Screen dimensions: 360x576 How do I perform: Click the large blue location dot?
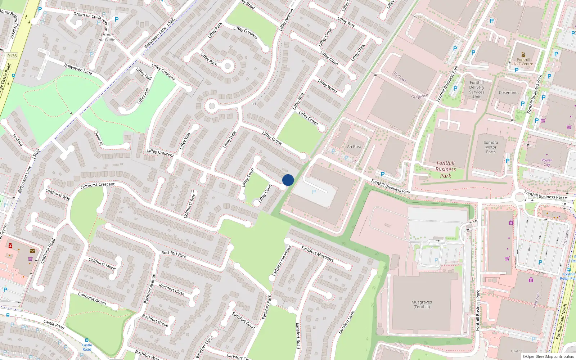click(x=288, y=180)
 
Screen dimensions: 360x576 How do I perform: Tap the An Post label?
click(x=354, y=147)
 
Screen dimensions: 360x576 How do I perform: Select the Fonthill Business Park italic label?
click(x=445, y=169)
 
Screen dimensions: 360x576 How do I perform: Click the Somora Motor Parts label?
click(x=491, y=147)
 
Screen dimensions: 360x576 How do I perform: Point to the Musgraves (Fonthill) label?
click(x=422, y=305)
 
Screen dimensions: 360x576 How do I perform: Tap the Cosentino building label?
click(x=508, y=93)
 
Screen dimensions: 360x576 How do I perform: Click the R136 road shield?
click(x=12, y=56)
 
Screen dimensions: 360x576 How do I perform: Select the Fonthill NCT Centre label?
click(x=523, y=62)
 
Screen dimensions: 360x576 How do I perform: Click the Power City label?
click(x=546, y=162)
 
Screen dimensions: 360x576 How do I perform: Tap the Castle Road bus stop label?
click(x=87, y=347)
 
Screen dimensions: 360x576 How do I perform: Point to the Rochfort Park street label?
click(x=174, y=255)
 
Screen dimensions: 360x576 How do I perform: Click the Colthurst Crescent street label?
click(x=98, y=185)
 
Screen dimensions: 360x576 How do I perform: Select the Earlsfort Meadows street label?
click(x=317, y=254)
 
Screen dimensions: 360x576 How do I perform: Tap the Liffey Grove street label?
click(x=272, y=138)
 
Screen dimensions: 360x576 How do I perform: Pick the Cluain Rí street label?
click(x=98, y=138)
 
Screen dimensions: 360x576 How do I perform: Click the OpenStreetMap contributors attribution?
click(x=548, y=356)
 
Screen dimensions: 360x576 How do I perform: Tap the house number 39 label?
click(x=254, y=104)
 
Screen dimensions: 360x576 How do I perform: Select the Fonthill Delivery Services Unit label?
click(x=477, y=90)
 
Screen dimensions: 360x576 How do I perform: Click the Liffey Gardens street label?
click(x=245, y=33)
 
